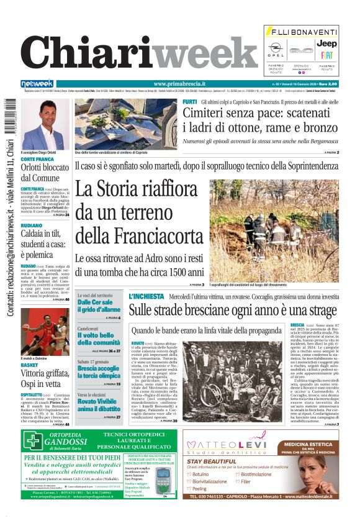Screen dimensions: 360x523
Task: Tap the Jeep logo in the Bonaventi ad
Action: coord(327,43)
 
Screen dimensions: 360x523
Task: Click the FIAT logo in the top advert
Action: coord(327,54)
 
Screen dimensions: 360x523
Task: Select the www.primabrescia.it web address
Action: coord(179,84)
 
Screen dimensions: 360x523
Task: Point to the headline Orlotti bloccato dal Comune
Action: coord(45,172)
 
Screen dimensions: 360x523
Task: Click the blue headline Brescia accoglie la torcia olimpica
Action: coord(99,372)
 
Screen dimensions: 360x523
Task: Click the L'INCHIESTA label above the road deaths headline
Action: coord(146,296)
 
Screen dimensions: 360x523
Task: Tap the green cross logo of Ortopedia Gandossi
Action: coord(33,441)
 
